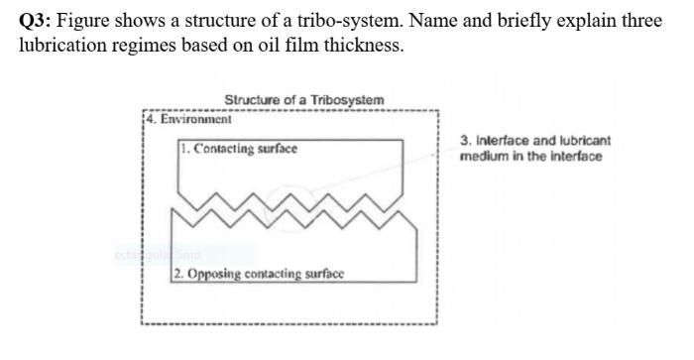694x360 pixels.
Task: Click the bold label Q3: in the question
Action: coord(37,23)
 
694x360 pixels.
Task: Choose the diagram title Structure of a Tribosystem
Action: coord(304,100)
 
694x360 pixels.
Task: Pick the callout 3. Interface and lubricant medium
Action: coord(535,149)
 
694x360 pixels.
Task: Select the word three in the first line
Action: coord(639,23)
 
